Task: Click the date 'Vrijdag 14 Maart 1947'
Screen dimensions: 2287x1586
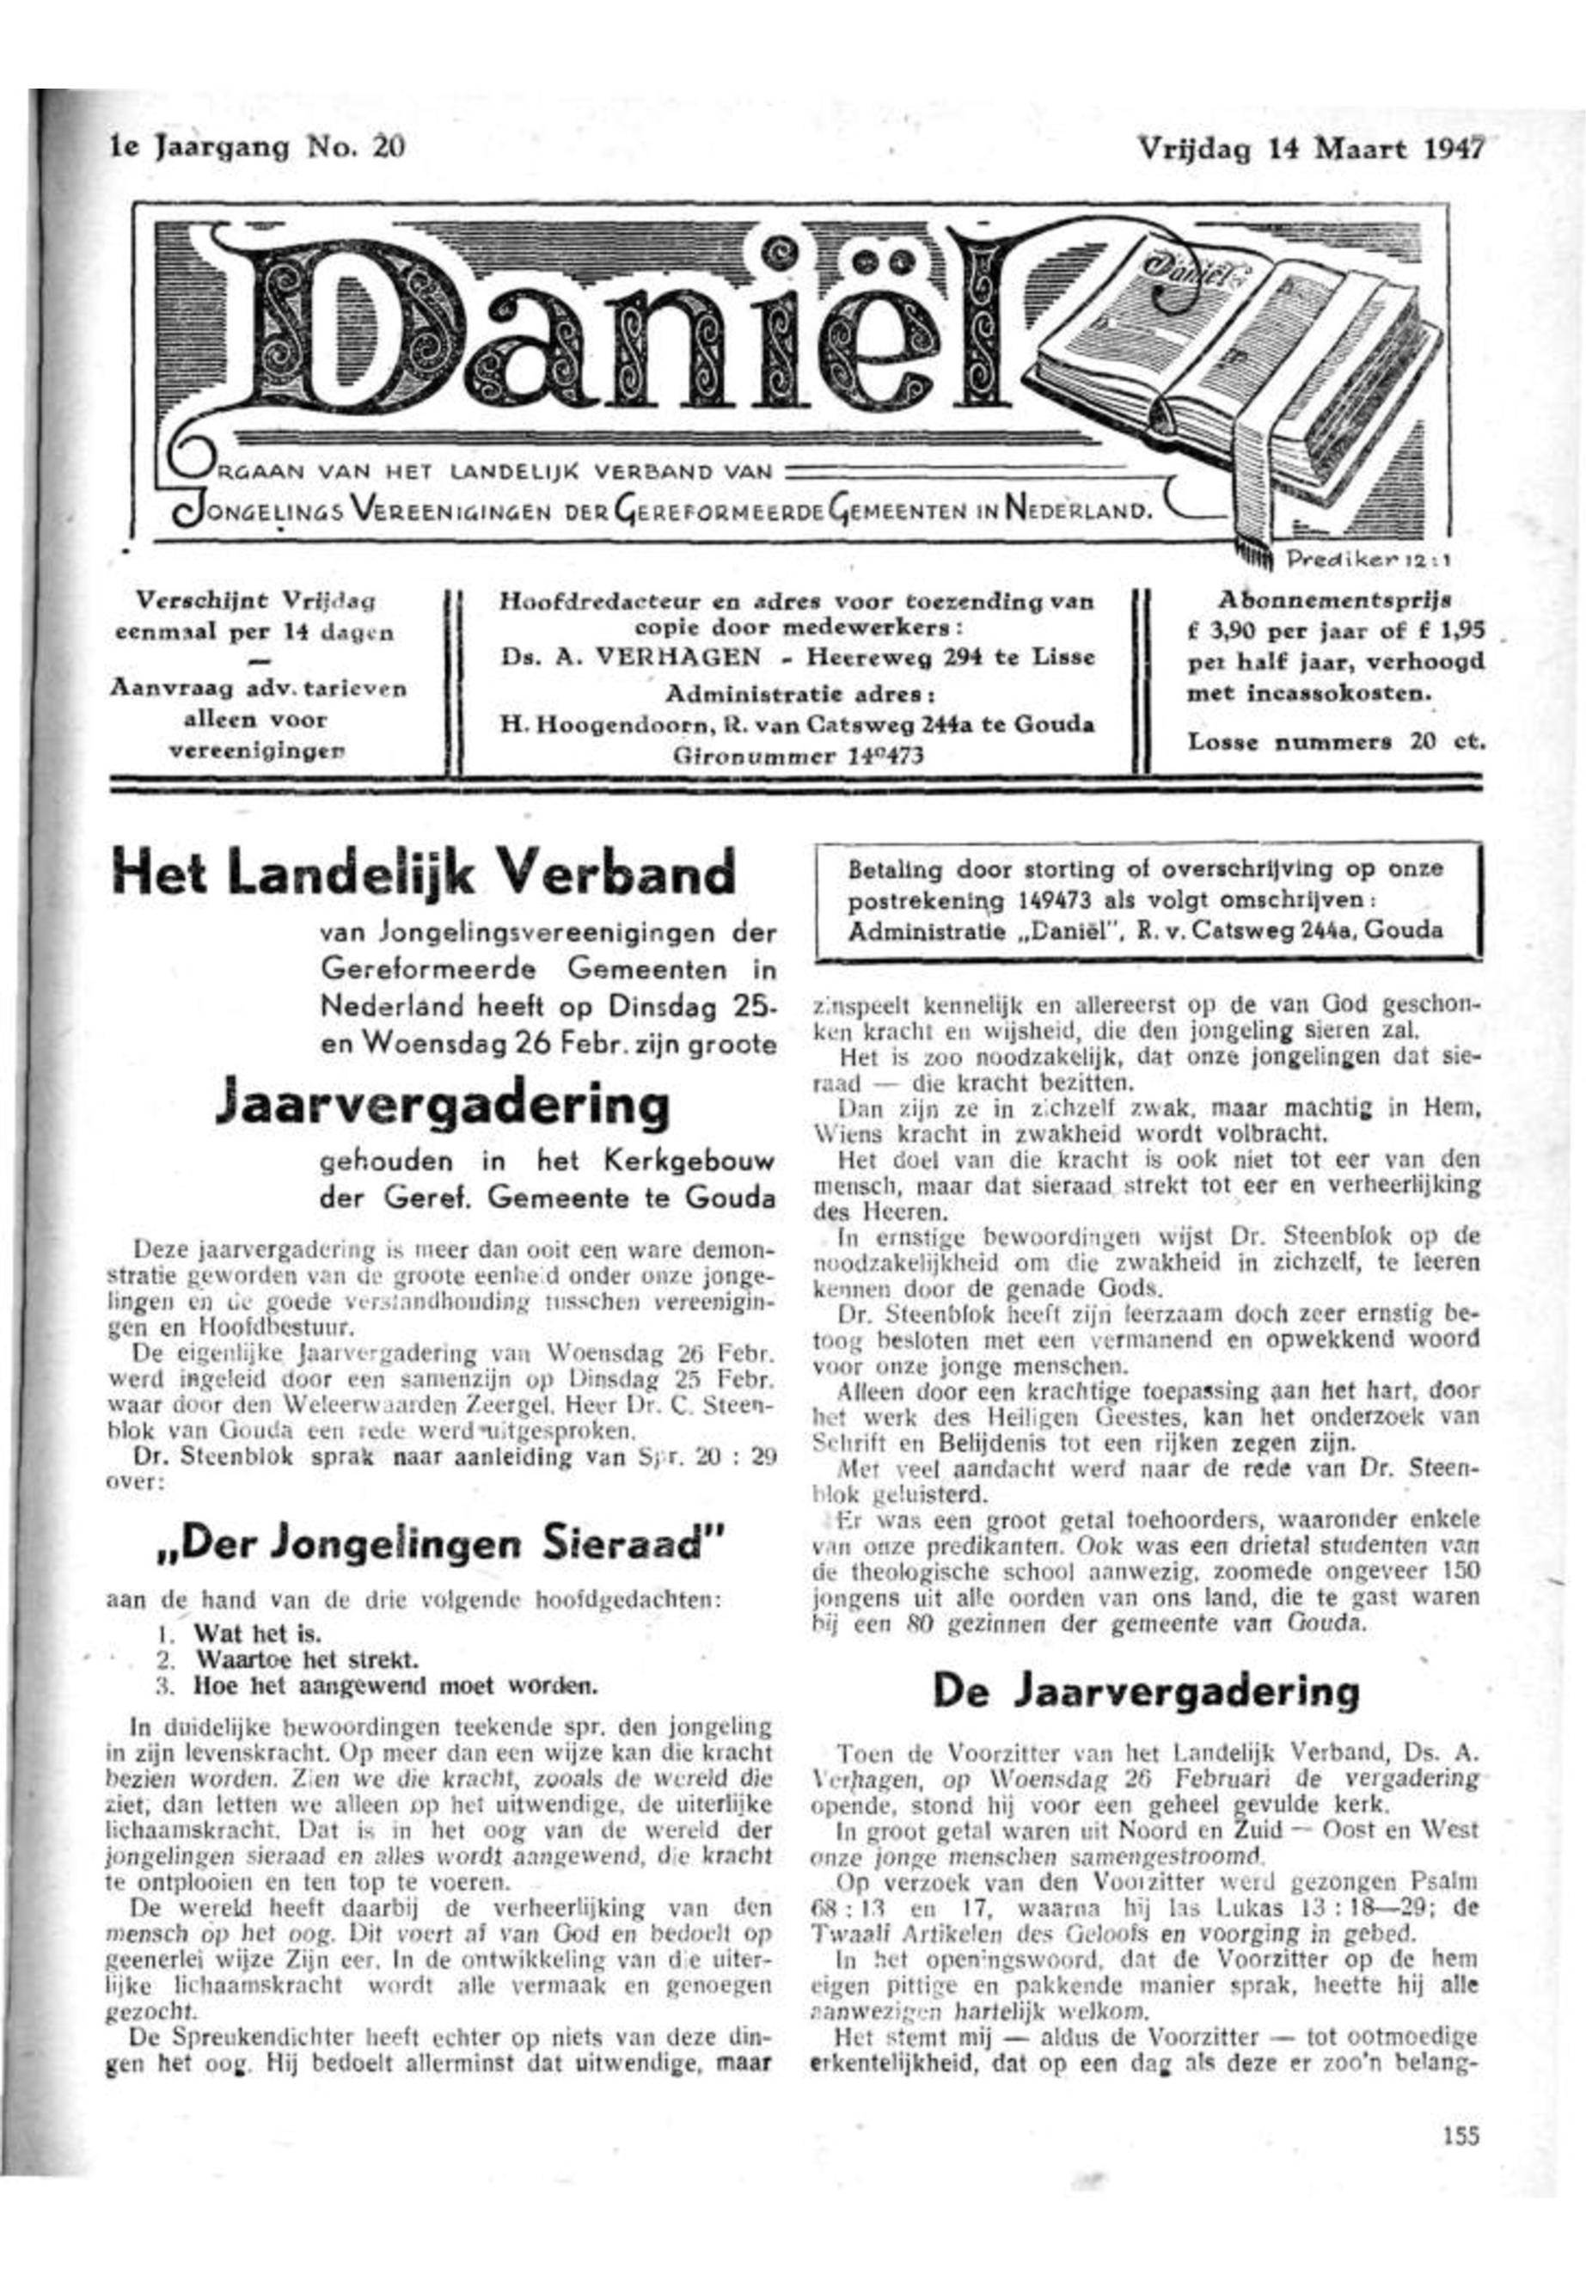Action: (1310, 149)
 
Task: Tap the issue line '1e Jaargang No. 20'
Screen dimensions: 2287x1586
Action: (256, 147)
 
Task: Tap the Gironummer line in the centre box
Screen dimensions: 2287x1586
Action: (799, 756)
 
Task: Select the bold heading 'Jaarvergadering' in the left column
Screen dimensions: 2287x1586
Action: (440, 1104)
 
